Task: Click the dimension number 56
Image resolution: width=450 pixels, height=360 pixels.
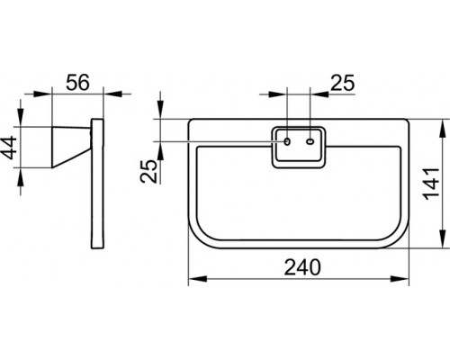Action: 77,82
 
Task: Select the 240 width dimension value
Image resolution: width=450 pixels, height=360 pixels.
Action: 302,267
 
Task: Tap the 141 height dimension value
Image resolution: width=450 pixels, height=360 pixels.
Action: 432,184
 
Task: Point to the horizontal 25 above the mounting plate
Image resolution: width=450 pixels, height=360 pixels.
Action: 343,83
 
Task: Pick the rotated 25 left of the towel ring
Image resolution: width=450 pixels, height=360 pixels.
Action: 148,171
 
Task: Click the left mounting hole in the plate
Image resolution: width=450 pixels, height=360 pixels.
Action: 287,141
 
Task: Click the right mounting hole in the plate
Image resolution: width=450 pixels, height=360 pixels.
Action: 310,141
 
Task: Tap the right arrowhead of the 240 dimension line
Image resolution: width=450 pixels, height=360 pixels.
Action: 400,279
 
